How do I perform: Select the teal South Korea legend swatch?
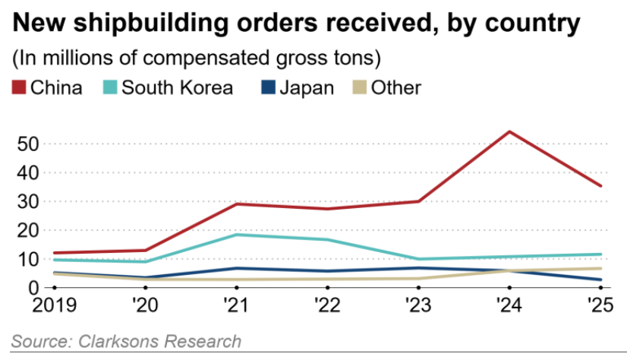(x=109, y=87)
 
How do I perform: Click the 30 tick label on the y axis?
(x=27, y=201)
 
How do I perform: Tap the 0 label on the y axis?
(x=34, y=288)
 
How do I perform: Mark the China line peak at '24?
(x=509, y=131)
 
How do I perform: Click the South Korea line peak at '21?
(x=237, y=235)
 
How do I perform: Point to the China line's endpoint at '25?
(x=601, y=186)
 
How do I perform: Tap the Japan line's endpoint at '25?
(x=601, y=280)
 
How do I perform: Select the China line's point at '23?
(x=418, y=201)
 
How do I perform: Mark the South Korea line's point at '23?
(x=418, y=259)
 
